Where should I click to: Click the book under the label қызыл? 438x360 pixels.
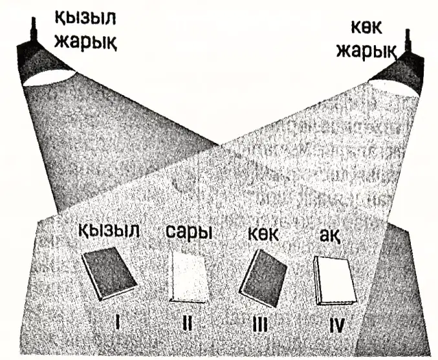(x=109, y=273)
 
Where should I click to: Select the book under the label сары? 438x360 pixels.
(x=189, y=276)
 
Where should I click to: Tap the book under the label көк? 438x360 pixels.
(x=263, y=278)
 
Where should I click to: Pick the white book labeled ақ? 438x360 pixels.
(x=335, y=281)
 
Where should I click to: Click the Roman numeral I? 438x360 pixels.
(x=118, y=322)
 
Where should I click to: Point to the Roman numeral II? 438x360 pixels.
(x=187, y=323)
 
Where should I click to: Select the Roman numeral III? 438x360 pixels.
(x=260, y=324)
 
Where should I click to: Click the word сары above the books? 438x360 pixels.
(x=189, y=232)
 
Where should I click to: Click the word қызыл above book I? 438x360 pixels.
(x=109, y=231)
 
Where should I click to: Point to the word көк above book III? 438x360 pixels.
(x=263, y=234)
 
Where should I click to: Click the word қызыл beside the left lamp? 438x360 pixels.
(x=85, y=18)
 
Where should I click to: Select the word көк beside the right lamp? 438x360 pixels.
(x=366, y=28)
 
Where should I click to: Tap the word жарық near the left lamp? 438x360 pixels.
(x=86, y=42)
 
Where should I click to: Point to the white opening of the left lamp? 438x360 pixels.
(x=49, y=78)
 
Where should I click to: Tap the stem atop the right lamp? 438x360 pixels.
(x=408, y=40)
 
